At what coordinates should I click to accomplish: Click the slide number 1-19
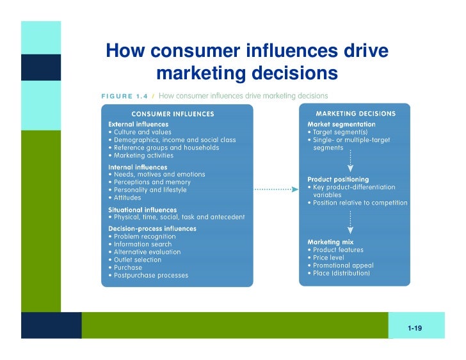point(415,328)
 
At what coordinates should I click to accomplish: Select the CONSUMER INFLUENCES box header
point(172,114)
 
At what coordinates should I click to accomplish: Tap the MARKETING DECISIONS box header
point(355,114)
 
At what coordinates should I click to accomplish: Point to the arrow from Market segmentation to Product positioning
point(350,162)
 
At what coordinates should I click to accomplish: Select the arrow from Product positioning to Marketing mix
point(350,222)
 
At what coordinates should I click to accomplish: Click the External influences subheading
point(139,124)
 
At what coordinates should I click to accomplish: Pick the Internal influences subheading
point(138,167)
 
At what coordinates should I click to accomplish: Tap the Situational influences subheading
point(143,210)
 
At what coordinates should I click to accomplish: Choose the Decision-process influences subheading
point(152,228)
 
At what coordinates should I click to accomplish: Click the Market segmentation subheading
point(342,124)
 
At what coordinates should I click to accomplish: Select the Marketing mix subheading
point(331,242)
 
